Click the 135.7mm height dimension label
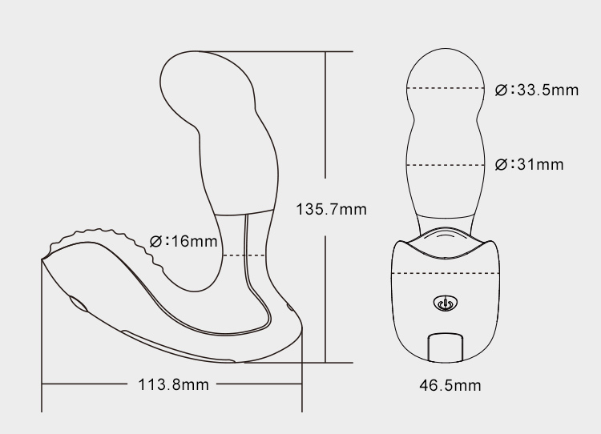tap(331, 209)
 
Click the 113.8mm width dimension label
tap(173, 384)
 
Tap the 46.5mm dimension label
tap(450, 385)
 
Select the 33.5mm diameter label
tap(537, 90)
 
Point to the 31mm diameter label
tap(530, 164)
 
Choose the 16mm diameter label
tap(184, 241)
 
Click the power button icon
tap(445, 303)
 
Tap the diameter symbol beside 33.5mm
tap(501, 90)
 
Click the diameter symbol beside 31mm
tap(501, 165)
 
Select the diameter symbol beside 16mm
tap(155, 242)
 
